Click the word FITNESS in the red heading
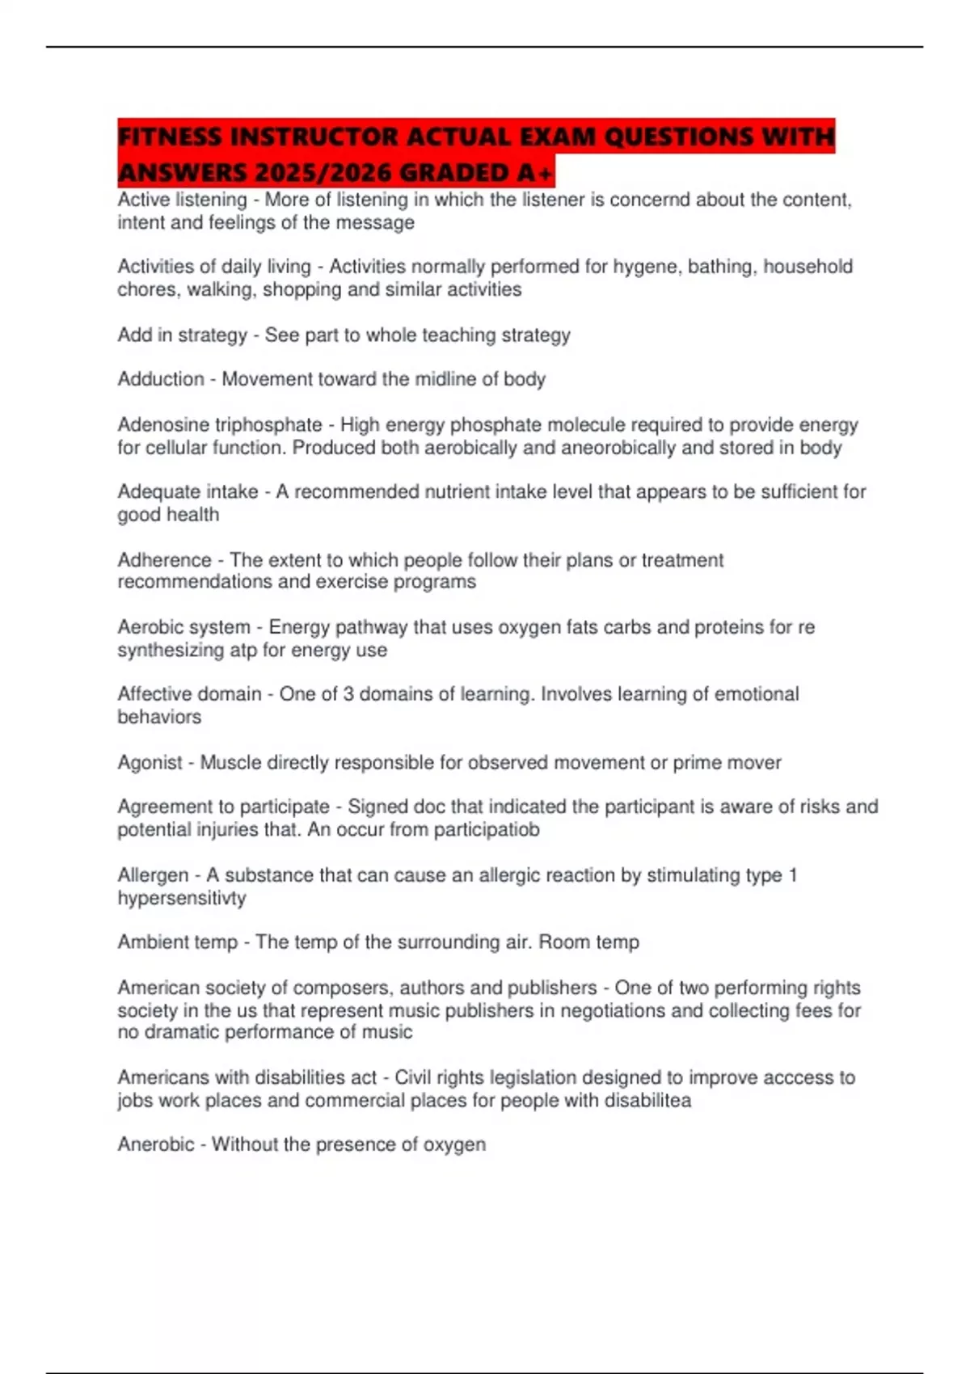170,137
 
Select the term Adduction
161,379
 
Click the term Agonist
150,762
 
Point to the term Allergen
153,875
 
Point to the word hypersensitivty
182,897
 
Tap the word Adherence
164,560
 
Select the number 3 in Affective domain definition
348,694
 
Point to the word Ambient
151,942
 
